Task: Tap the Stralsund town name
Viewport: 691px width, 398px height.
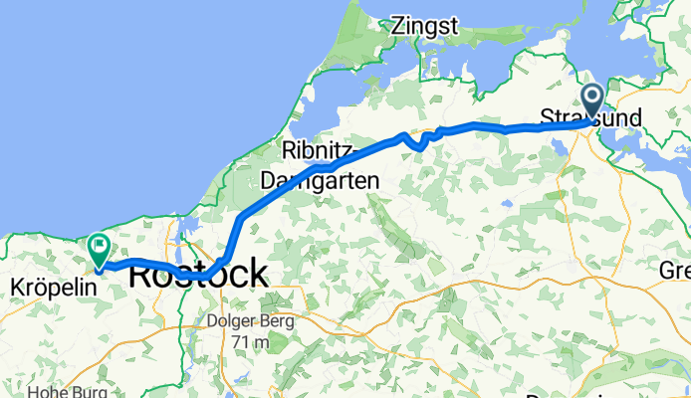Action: (x=590, y=116)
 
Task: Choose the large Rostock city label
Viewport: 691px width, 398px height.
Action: (x=199, y=273)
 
